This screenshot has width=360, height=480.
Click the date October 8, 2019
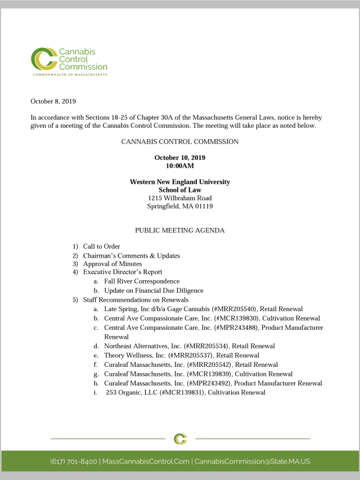coord(53,101)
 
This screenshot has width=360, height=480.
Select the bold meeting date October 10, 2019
coord(179,158)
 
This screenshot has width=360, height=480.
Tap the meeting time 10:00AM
coord(179,166)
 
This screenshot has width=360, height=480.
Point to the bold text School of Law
coord(179,190)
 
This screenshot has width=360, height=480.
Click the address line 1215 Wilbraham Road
coord(179,198)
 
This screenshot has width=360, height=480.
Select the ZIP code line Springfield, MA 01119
coord(179,207)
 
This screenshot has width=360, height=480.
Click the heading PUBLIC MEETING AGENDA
coord(179,231)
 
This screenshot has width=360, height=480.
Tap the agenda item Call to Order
coord(101,246)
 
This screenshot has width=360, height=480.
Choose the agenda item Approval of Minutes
coord(112,263)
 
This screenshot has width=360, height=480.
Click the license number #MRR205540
coord(231,309)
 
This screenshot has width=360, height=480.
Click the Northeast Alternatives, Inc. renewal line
coord(189,346)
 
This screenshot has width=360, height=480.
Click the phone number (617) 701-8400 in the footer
coord(74,461)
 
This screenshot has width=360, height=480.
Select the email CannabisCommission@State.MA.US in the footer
coord(252,461)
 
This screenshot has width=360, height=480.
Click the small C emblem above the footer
coord(180,438)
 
